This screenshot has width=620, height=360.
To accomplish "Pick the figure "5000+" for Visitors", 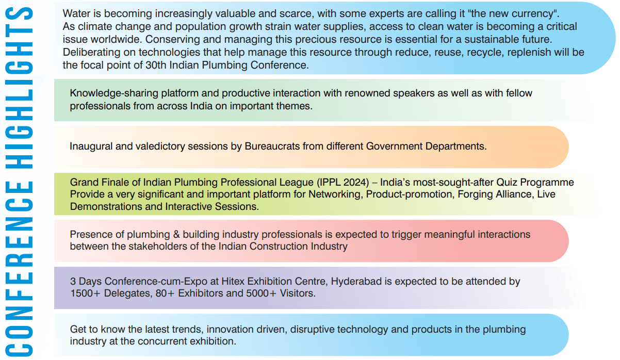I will tap(258, 293).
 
